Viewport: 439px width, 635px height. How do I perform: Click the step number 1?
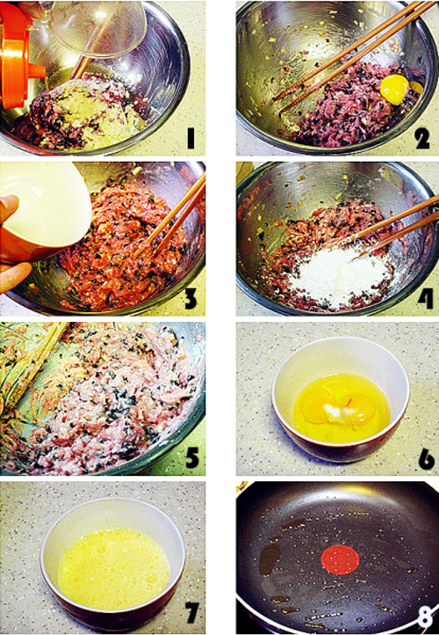[190, 138]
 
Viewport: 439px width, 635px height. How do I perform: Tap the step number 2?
[421, 138]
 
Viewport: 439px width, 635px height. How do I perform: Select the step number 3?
[191, 298]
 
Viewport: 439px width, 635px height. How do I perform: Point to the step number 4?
[425, 298]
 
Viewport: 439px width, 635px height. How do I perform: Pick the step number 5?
[191, 456]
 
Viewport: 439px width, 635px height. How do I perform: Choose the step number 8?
[425, 617]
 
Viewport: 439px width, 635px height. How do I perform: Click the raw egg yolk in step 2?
[394, 89]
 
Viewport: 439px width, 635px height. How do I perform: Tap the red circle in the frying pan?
[340, 559]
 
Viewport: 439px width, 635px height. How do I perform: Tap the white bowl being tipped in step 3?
[44, 210]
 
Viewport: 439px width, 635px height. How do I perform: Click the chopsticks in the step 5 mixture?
[34, 364]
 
